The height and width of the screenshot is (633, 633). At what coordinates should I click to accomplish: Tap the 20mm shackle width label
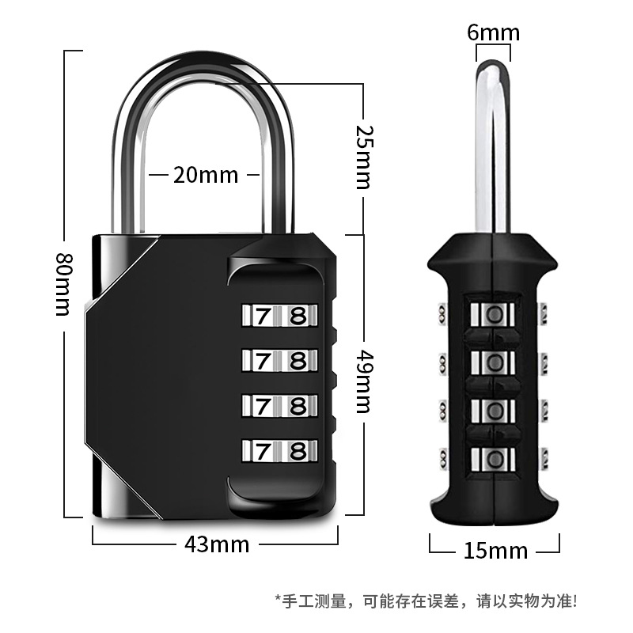(x=206, y=175)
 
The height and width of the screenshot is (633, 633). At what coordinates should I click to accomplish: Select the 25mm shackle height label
(x=362, y=156)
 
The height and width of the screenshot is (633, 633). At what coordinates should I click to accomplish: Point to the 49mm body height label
(x=362, y=383)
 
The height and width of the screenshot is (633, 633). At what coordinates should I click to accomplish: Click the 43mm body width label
(x=217, y=544)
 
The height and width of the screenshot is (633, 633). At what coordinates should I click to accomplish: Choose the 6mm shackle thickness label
(x=493, y=32)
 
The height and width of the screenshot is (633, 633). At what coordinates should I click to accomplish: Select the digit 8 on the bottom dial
(x=298, y=452)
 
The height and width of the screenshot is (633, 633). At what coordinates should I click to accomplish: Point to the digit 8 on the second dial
(x=298, y=361)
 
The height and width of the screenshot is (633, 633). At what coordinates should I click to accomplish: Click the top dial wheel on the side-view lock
(x=494, y=315)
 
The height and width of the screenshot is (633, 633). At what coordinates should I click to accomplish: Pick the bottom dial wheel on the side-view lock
(x=494, y=458)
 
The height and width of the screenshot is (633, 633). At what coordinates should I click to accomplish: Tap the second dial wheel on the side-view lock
(x=494, y=362)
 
